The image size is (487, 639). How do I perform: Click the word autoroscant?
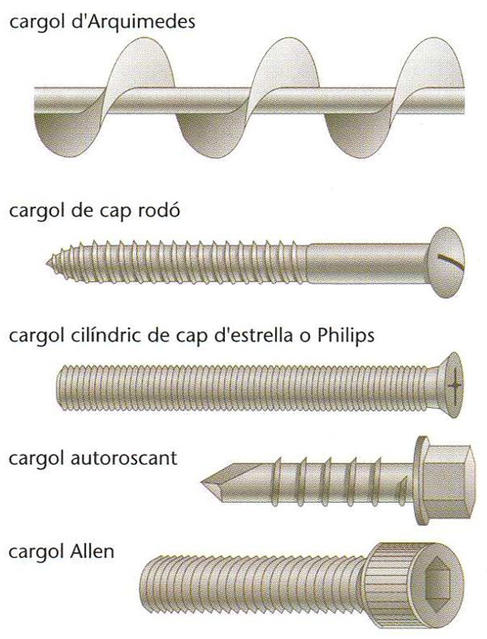pos(124,458)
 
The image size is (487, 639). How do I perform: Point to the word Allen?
pos(92,551)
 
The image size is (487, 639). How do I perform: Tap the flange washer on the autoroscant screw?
pos(420,480)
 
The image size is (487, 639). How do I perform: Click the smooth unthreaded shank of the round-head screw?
pos(369,264)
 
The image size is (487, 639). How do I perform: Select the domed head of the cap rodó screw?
pos(448,262)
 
